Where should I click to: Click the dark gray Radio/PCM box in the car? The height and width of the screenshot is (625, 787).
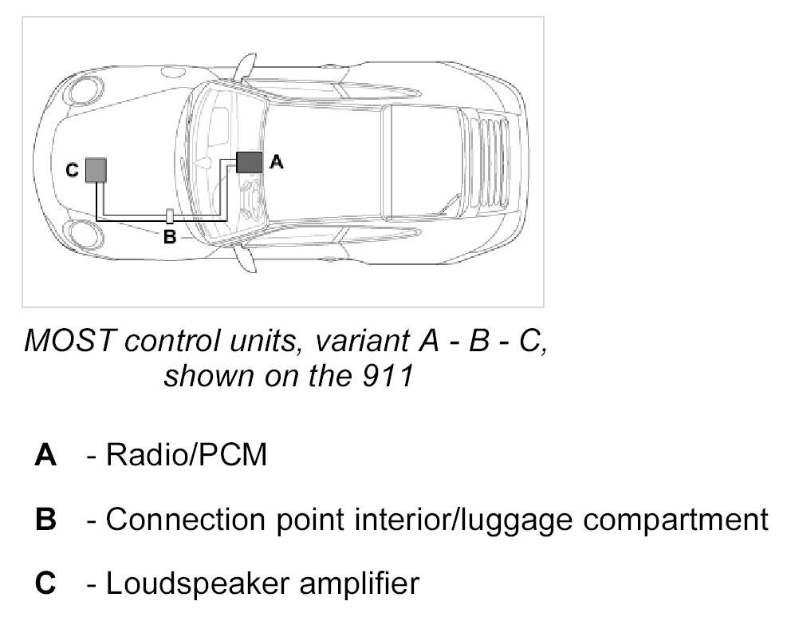click(249, 162)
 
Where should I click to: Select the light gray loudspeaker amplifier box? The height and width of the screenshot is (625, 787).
click(96, 169)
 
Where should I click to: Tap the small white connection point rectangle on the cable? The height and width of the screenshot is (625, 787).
click(169, 216)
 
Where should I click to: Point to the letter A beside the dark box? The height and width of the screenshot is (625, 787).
click(275, 161)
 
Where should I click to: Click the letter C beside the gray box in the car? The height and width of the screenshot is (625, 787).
click(72, 169)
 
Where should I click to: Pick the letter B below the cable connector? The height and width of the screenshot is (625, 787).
click(169, 237)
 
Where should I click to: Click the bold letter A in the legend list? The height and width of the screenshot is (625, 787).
click(45, 456)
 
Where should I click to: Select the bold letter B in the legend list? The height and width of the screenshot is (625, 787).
click(45, 520)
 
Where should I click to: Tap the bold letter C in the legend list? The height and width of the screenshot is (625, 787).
click(45, 584)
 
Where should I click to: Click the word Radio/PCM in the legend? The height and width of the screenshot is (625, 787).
click(186, 456)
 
